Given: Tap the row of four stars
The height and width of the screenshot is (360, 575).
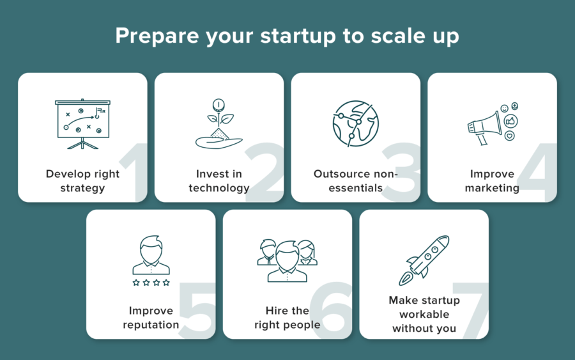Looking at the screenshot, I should (151, 282).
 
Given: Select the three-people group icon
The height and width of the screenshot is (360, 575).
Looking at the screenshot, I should (287, 260).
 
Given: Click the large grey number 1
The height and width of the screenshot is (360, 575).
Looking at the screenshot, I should (131, 172).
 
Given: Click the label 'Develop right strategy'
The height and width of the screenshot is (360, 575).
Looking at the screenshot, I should (82, 181).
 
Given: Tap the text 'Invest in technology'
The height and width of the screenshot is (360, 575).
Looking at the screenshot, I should (218, 181).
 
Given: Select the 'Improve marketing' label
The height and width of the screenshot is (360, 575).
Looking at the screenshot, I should (492, 181).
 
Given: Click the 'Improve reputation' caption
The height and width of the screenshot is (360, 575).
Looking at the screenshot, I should (151, 318).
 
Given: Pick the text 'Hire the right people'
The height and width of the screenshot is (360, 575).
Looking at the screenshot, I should (287, 318).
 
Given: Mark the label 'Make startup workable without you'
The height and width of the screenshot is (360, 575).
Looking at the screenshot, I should (424, 314).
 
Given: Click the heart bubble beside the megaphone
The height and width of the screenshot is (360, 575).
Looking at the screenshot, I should (509, 136).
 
